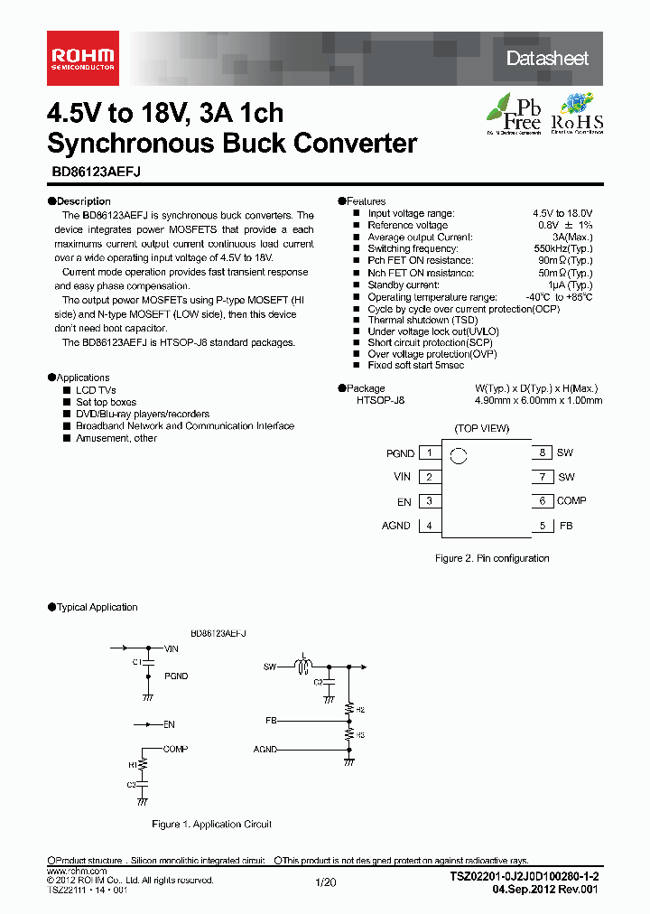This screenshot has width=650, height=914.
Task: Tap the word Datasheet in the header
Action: [x=547, y=58]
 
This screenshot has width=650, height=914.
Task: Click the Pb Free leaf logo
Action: [x=514, y=114]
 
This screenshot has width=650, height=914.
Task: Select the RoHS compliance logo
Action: [x=577, y=114]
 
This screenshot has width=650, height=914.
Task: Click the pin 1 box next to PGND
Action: [x=430, y=453]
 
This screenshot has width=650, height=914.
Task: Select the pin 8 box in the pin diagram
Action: [x=542, y=453]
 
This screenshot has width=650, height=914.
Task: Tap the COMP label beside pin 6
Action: [x=571, y=501]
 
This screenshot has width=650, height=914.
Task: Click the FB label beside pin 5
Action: [x=566, y=526]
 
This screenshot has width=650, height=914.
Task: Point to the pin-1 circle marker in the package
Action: [x=459, y=456]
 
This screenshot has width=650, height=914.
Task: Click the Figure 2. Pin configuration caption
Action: [x=492, y=558]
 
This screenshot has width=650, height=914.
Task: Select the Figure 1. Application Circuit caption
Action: [x=211, y=824]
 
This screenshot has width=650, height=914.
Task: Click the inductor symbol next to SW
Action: [x=304, y=667]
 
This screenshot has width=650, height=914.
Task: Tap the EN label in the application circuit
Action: [x=170, y=724]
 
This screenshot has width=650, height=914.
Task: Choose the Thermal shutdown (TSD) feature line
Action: [x=410, y=320]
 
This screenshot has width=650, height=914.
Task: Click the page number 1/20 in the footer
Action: [x=325, y=881]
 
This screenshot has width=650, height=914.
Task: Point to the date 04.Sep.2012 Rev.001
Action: [x=544, y=890]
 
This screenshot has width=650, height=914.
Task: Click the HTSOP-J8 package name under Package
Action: [x=380, y=400]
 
